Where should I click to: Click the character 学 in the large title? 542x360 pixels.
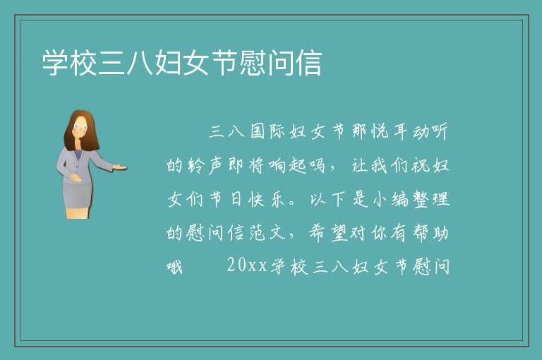tap(55, 63)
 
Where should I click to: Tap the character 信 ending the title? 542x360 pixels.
tap(308, 63)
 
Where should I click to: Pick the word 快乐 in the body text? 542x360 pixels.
tap(267, 199)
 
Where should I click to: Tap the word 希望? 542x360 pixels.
tap(328, 233)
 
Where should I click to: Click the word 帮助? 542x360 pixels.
tap(430, 233)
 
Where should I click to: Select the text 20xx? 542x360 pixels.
tap(247, 265)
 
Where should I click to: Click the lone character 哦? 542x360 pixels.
tap(174, 267)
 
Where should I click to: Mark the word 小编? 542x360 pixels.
tap(390, 199)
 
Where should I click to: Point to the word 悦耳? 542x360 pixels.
tap(390, 131)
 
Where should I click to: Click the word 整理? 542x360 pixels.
tap(431, 199)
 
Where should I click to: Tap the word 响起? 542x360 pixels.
tap(288, 165)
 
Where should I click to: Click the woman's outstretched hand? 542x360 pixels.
tap(119, 168)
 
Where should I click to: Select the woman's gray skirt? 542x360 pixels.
tap(78, 194)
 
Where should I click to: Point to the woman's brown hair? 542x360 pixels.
tap(81, 131)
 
